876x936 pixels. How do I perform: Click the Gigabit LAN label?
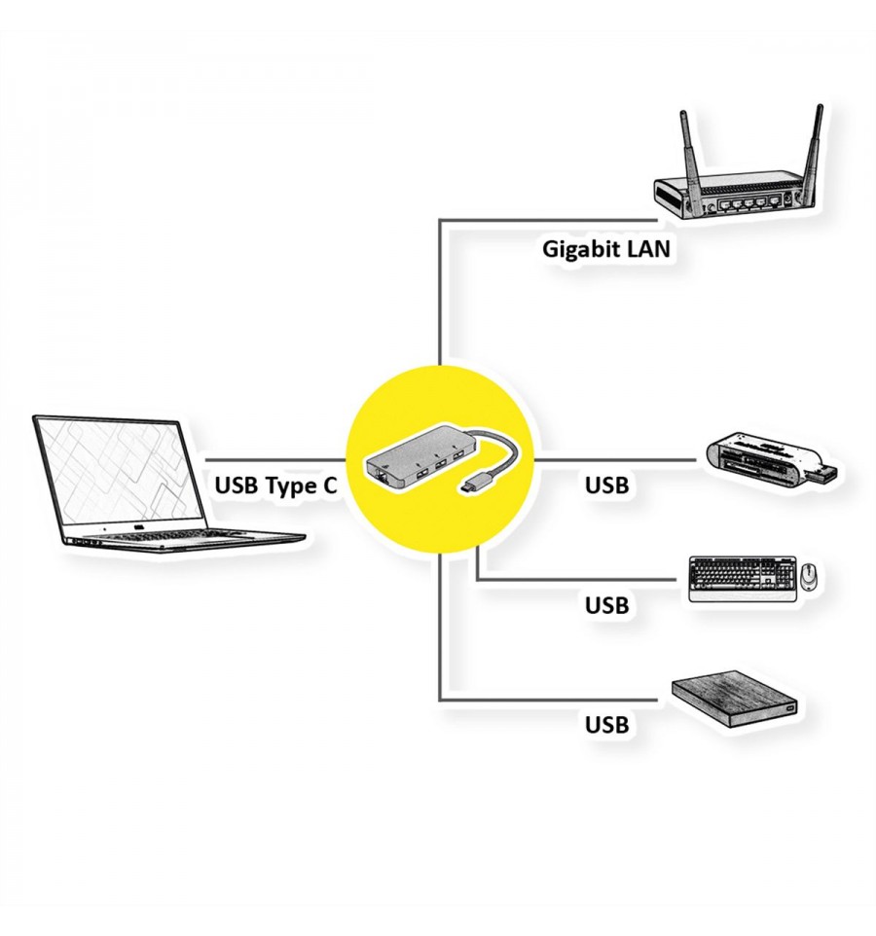click(606, 249)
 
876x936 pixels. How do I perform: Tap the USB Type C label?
click(275, 486)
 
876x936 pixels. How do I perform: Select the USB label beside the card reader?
click(606, 486)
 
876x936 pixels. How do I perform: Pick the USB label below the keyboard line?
click(606, 604)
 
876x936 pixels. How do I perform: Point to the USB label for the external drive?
click(606, 724)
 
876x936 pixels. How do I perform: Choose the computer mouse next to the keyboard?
click(809, 576)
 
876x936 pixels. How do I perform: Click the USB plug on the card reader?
click(822, 474)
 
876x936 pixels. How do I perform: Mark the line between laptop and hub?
click(275, 460)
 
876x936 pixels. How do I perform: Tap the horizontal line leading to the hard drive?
click(548, 700)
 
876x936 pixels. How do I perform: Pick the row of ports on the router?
click(750, 203)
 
